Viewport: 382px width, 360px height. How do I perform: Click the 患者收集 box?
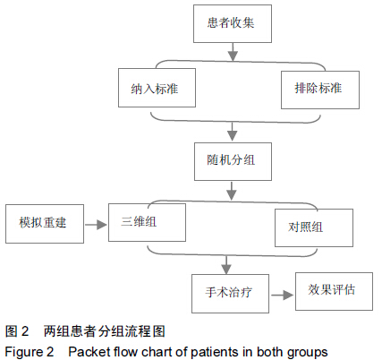pos(233,23)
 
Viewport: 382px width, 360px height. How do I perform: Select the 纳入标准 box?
pos(157,88)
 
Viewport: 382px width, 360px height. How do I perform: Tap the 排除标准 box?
pos(320,90)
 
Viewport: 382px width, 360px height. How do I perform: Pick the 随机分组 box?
pos(233,161)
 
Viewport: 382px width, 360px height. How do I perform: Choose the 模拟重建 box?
pos(45,224)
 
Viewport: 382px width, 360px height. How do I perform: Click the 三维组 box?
pos(147,222)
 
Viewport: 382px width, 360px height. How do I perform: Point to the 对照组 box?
pos(314,227)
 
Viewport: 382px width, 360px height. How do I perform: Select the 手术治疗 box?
pos(230,294)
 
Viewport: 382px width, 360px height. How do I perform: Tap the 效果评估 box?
pos(334,291)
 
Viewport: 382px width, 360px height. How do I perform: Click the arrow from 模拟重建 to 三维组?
pos(96,225)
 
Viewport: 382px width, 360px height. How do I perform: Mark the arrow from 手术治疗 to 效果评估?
pos(283,296)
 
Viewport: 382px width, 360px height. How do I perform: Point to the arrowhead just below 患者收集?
pos(233,56)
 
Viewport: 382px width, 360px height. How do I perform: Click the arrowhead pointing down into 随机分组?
pos(233,136)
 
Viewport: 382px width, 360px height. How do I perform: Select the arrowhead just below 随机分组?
pos(232,195)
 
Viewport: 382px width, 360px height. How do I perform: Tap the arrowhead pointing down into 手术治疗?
pos(226,270)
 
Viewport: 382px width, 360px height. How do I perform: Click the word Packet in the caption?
pos(89,352)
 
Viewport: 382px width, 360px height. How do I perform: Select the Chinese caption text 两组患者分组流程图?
pos(105,331)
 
